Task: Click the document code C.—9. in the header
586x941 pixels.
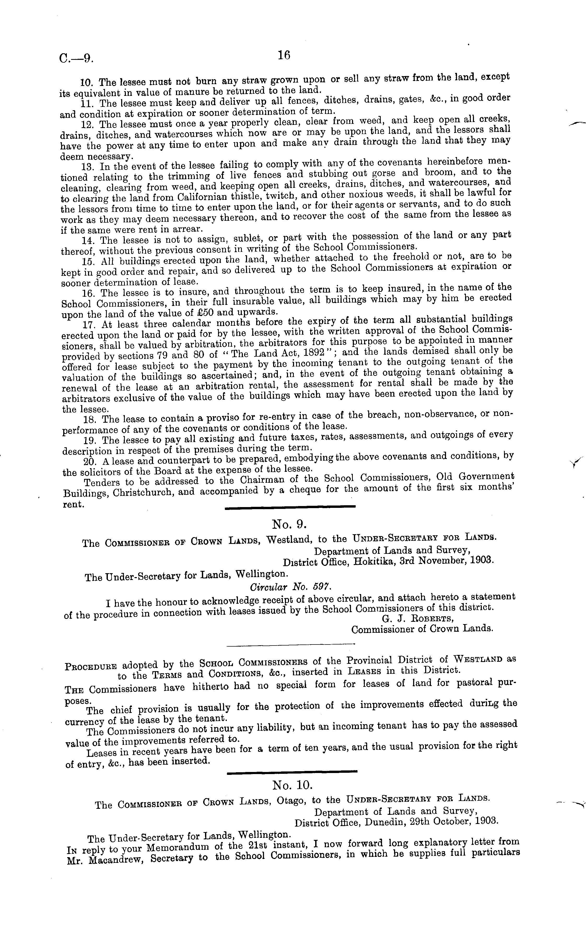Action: coord(76,58)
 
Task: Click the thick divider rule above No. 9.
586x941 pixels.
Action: coord(290,506)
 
